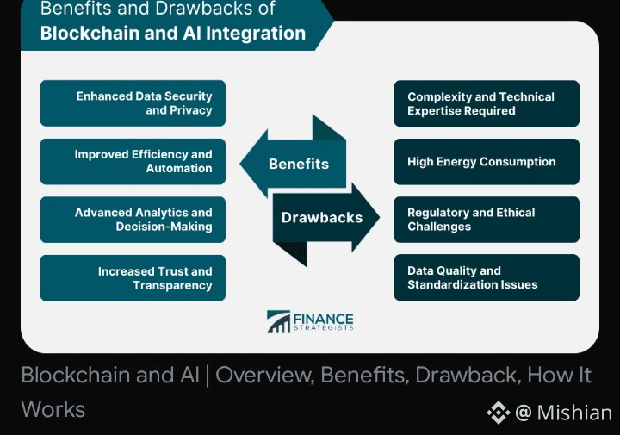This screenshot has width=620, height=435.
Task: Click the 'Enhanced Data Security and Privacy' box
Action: (133, 103)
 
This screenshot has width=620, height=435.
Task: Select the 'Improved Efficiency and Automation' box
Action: (133, 161)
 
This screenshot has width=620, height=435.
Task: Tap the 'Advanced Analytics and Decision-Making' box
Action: (133, 220)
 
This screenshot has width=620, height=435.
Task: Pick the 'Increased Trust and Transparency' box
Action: (133, 278)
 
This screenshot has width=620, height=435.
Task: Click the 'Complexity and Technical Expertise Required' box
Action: (487, 103)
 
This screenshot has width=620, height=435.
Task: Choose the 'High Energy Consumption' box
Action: (487, 161)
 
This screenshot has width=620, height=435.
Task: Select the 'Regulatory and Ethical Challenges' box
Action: (487, 220)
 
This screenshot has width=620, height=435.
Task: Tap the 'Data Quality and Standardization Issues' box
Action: (487, 277)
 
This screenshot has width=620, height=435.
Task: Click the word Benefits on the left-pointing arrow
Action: (299, 164)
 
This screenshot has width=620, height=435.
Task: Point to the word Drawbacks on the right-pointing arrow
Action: (322, 217)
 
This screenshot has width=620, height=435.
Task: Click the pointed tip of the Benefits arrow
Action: (240, 164)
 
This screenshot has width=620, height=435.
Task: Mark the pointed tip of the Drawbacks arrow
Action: (379, 217)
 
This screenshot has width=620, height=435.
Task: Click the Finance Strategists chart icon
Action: (278, 321)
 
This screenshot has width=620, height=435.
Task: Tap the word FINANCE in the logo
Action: (323, 319)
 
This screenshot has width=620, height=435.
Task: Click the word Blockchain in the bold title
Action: (90, 33)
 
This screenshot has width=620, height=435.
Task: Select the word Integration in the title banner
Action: (256, 34)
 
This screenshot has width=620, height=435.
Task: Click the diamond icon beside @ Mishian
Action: (499, 413)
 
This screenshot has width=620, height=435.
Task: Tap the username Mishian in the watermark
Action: (574, 413)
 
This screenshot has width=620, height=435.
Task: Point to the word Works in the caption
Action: (53, 409)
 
